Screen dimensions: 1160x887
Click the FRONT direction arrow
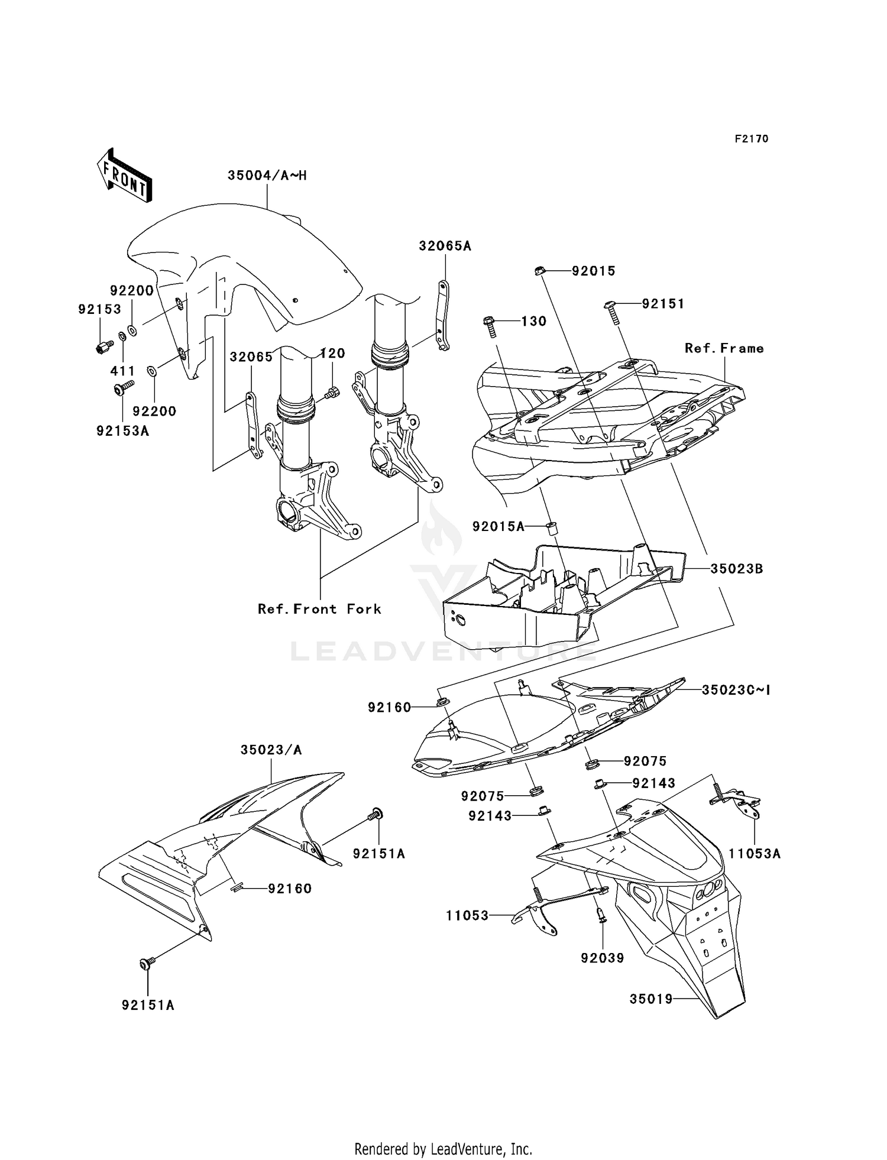(x=124, y=176)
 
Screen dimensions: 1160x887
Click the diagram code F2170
(x=751, y=139)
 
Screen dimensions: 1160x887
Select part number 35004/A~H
(x=267, y=176)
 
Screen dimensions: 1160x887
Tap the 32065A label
(x=445, y=246)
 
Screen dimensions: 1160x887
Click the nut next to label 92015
(x=539, y=271)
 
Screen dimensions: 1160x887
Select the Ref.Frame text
(x=724, y=348)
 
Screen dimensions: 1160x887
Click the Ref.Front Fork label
(x=319, y=609)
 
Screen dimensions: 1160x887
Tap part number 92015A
(x=498, y=526)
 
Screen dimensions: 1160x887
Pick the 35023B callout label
(x=736, y=569)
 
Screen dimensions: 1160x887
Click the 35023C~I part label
(x=736, y=690)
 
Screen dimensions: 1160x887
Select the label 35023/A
(x=271, y=750)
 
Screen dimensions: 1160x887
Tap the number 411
(x=123, y=371)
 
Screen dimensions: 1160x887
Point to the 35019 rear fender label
(x=651, y=999)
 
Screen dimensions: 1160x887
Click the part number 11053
(x=467, y=916)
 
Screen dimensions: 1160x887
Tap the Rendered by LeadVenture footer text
(x=443, y=1149)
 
